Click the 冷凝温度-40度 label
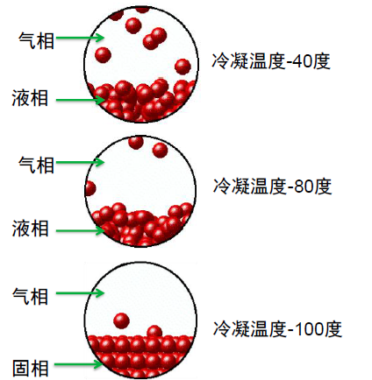click(271, 61)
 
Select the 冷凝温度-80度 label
click(272, 186)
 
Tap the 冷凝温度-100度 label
click(277, 329)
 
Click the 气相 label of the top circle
click(36, 40)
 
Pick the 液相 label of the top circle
click(30, 98)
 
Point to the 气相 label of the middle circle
click(36, 165)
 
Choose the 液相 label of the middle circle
click(30, 228)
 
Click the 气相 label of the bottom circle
click(30, 296)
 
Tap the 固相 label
click(31, 368)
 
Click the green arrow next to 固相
click(78, 364)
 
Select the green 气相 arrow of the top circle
click(80, 38)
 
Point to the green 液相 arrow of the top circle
click(80, 100)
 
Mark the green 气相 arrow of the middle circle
click(80, 162)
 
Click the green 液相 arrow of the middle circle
click(80, 231)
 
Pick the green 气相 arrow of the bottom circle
click(80, 292)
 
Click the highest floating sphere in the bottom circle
click(121, 320)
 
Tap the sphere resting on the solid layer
click(154, 332)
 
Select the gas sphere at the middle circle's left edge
click(90, 188)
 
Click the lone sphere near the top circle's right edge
click(182, 67)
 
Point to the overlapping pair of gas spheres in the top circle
click(154, 39)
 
